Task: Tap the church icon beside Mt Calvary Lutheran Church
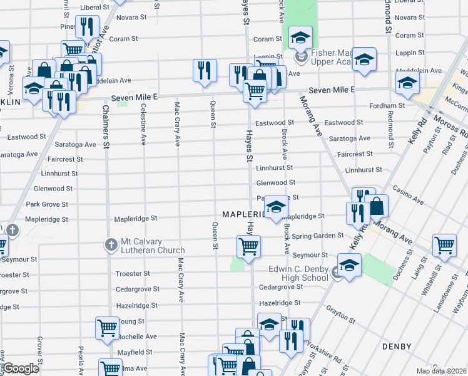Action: [111, 244]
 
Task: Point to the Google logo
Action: [21, 368]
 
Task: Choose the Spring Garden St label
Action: [318, 236]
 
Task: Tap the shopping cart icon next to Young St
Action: [107, 326]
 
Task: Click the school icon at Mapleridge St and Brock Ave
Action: [275, 207]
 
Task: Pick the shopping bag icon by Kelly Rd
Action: [377, 205]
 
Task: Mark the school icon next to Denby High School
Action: [349, 264]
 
